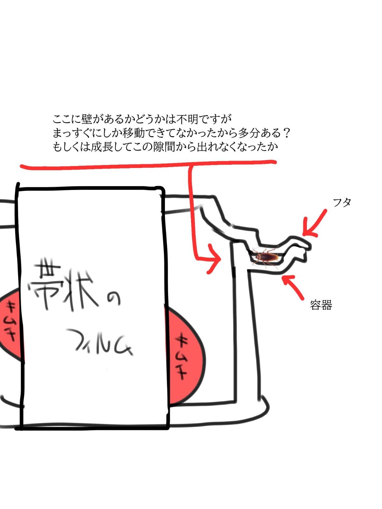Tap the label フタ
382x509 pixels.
click(x=342, y=202)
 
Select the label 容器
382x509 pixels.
click(x=321, y=305)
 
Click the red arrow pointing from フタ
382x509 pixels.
click(x=314, y=223)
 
